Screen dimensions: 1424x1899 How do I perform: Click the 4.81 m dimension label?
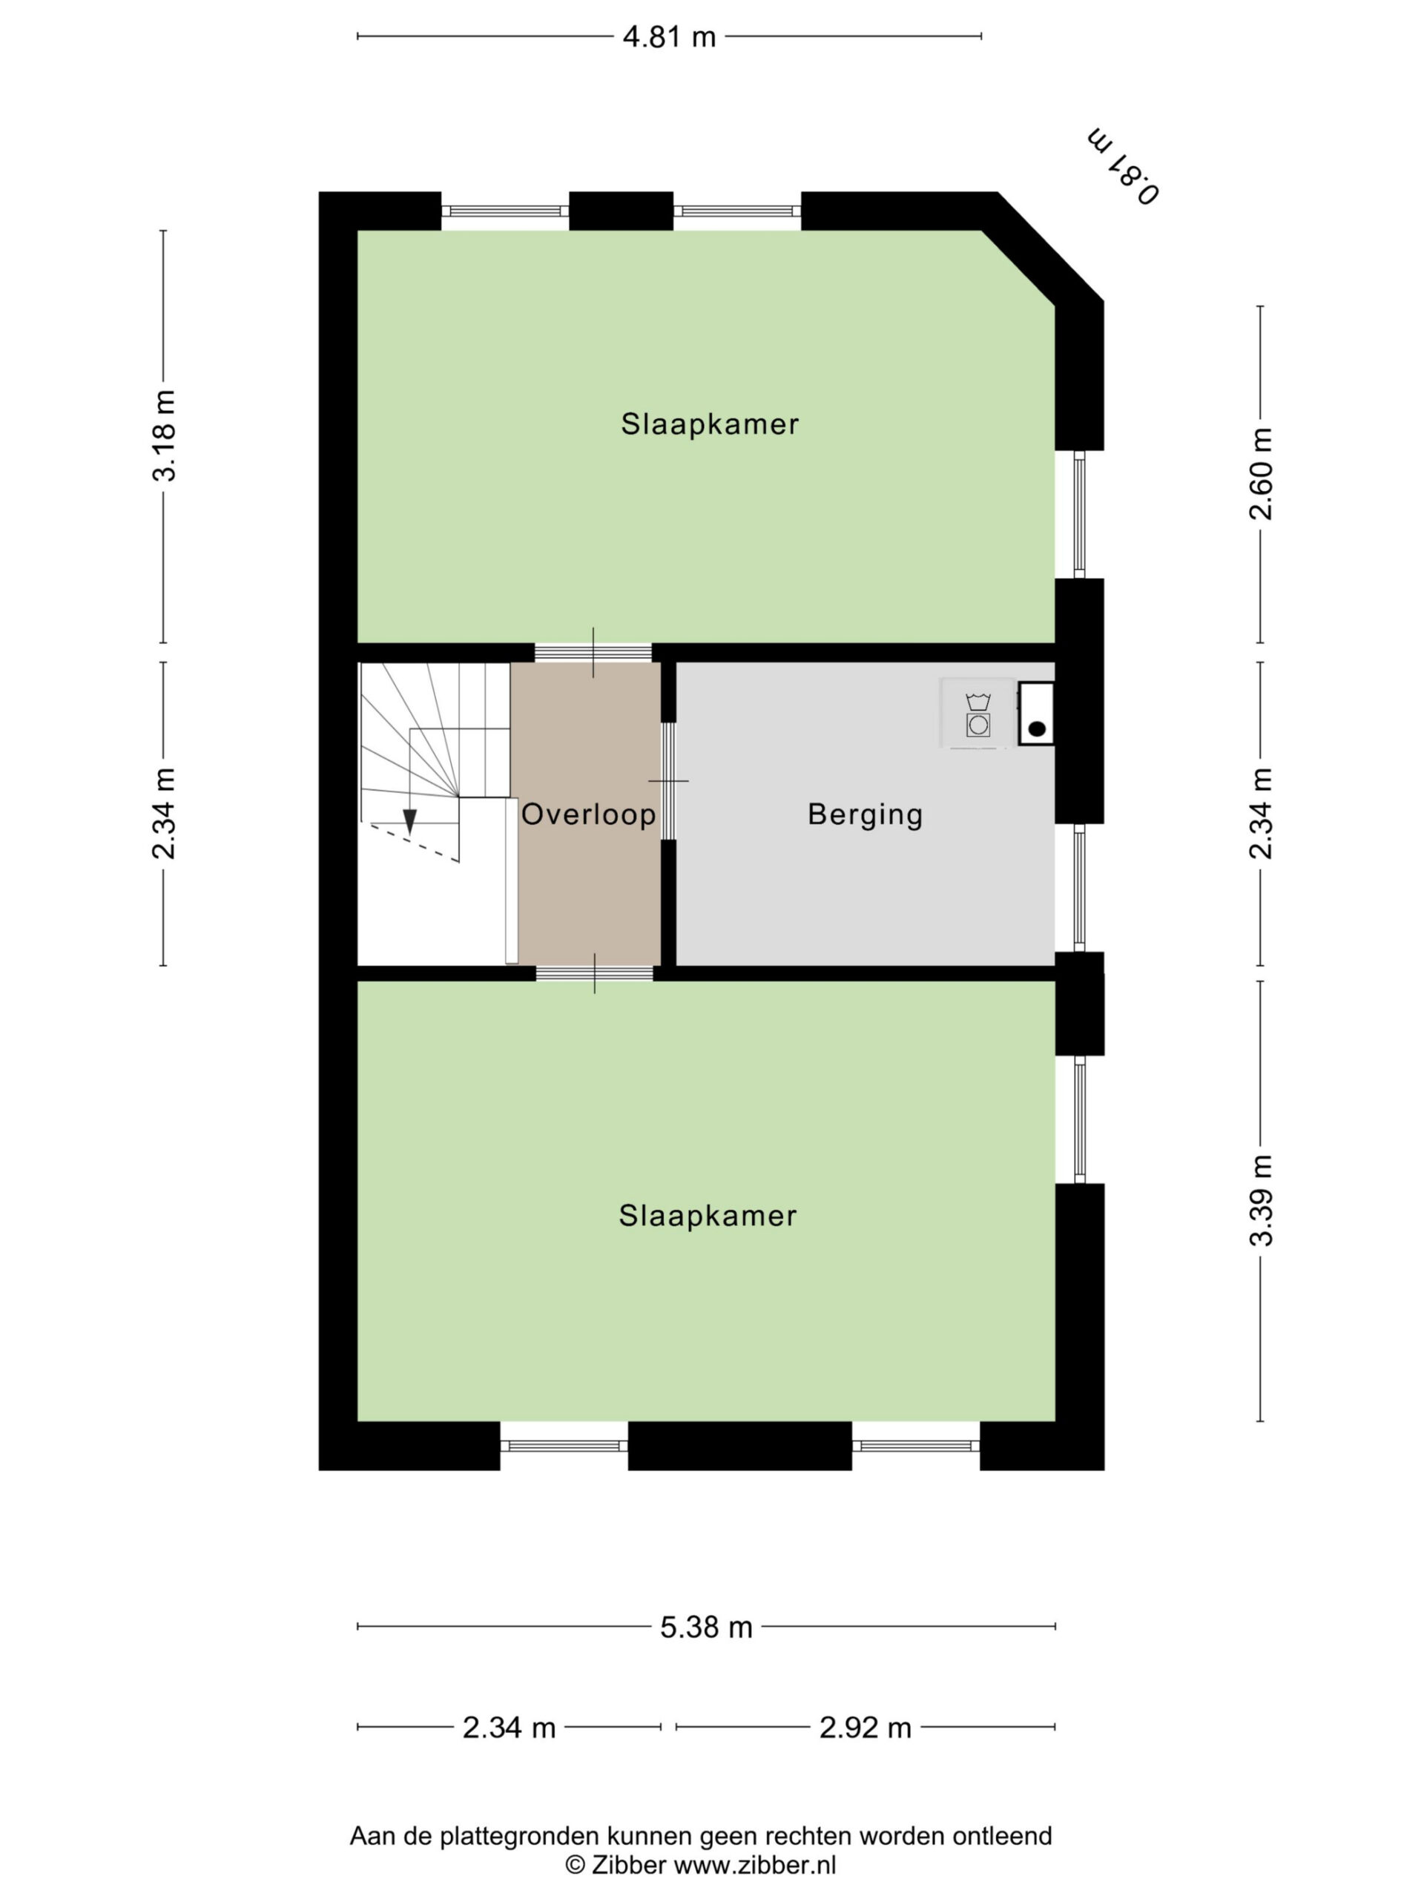click(669, 37)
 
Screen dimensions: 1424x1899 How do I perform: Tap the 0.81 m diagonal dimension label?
click(1124, 165)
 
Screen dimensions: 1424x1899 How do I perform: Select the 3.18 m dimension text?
click(163, 435)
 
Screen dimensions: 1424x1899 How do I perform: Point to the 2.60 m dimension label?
click(1261, 474)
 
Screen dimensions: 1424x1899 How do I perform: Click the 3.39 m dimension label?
click(1261, 1200)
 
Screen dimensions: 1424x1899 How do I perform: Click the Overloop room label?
click(589, 814)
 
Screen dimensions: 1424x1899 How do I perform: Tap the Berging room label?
click(866, 814)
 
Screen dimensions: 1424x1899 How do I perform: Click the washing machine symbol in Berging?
click(978, 714)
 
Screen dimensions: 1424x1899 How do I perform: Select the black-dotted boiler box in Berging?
click(1036, 714)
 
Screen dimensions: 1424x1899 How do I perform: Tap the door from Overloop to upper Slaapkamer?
click(593, 654)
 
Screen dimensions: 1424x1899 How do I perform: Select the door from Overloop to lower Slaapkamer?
click(595, 973)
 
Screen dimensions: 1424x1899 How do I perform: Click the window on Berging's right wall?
click(1079, 888)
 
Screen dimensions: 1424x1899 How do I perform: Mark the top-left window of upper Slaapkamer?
click(506, 211)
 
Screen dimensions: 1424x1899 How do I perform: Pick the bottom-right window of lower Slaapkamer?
click(916, 1446)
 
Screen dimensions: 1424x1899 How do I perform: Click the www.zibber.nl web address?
click(754, 1864)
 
